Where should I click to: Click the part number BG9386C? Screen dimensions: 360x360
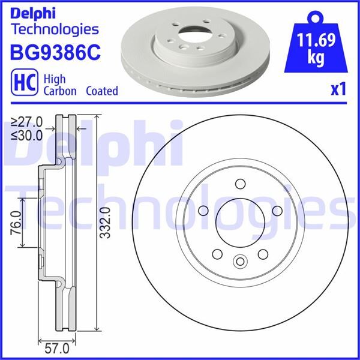[55, 53]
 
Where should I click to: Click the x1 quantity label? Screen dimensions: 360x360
[338, 90]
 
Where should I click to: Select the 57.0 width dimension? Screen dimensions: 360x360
[58, 346]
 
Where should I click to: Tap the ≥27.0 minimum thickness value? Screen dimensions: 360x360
[27, 122]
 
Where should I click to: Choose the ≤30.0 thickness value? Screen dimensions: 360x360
[27, 135]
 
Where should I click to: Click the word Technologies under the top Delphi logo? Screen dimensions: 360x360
[55, 28]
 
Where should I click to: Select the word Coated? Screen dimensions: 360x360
[101, 91]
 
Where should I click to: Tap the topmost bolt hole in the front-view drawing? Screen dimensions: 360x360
[240, 184]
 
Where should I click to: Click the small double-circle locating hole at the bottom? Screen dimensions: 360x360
[240, 261]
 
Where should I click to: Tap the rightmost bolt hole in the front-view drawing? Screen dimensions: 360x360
[277, 210]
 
